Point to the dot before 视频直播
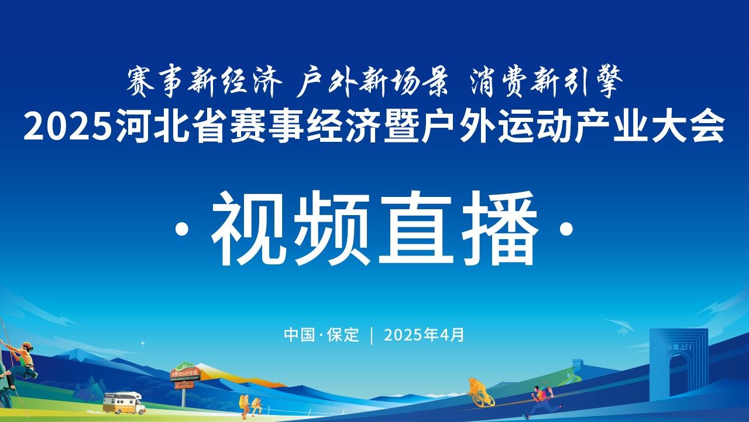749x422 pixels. pos(182,230)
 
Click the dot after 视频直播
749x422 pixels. pos(566,230)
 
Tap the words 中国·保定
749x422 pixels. pos(322,335)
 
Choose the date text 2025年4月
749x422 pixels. pos(424,335)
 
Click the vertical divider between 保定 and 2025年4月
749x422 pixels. pos(372,335)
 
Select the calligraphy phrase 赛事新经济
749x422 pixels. pos(204,81)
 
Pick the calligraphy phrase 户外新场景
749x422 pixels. pos(373,81)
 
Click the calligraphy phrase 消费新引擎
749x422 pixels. pos(546,81)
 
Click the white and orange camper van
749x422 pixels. pos(123,403)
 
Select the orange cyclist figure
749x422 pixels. pos(480,393)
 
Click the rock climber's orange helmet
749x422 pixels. pos(27,346)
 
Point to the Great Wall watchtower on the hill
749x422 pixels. pos(578,363)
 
